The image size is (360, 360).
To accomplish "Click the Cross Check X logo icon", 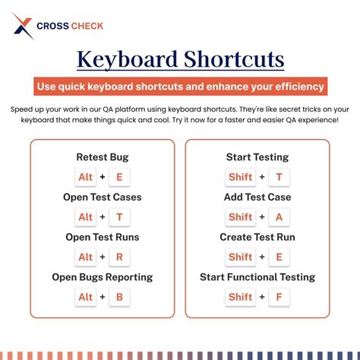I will click(x=24, y=26).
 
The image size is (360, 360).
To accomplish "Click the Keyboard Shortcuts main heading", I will click(x=180, y=59).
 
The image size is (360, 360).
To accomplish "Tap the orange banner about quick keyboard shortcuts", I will click(x=180, y=86).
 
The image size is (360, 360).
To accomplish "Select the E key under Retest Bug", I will click(x=119, y=177).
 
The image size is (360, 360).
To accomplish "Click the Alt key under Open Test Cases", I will click(x=86, y=216).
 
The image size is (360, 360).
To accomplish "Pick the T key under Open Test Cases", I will click(x=119, y=216).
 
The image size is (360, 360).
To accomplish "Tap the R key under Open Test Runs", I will click(x=119, y=257).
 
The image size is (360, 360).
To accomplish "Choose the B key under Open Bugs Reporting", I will click(x=119, y=297).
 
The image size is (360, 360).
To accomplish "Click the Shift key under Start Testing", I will click(x=240, y=177).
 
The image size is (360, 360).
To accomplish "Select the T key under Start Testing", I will click(x=279, y=177).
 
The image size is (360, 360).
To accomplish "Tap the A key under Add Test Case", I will click(x=279, y=216).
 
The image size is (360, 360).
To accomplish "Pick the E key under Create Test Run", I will click(x=279, y=257).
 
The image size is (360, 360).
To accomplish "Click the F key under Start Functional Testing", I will click(x=279, y=297).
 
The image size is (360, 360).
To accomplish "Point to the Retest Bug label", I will click(x=103, y=157).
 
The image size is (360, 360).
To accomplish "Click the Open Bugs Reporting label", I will click(x=103, y=277).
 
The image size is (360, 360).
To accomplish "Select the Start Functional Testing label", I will click(x=257, y=277).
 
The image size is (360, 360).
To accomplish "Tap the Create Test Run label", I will click(x=257, y=237).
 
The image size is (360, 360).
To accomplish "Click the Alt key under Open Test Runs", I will click(x=86, y=257).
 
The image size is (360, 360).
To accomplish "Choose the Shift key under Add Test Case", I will click(x=240, y=216).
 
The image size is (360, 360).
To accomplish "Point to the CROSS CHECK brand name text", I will click(x=70, y=26).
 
